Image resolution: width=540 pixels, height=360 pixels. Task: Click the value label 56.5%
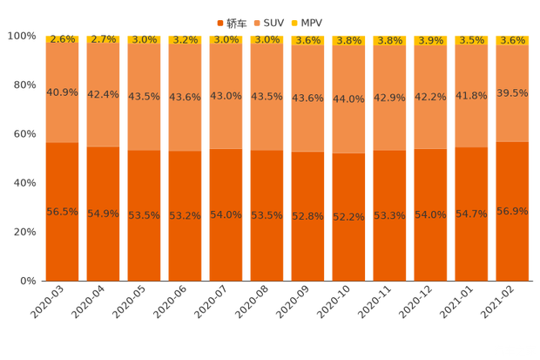click(62, 212)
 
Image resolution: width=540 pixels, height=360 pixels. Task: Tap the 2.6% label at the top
click(62, 39)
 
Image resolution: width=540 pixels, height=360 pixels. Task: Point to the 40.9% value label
click(62, 92)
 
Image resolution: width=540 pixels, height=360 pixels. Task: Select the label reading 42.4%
click(103, 94)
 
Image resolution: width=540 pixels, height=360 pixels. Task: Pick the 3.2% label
click(185, 40)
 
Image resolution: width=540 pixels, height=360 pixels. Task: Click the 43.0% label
click(226, 96)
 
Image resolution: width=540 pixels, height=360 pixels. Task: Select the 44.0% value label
click(348, 99)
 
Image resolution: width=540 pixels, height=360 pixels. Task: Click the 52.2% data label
click(348, 217)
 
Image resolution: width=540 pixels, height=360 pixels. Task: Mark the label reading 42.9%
click(389, 98)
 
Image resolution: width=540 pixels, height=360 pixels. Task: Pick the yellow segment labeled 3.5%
click(471, 40)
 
